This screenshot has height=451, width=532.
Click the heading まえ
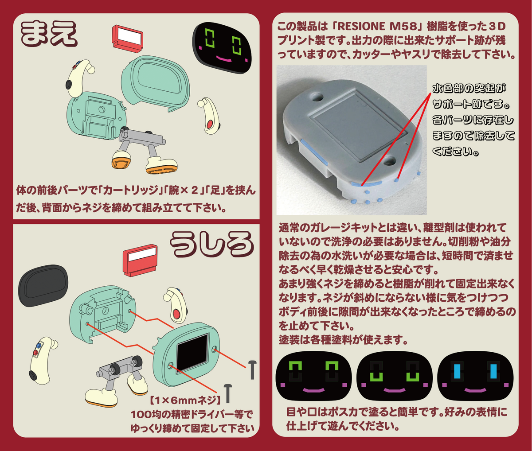(x=49, y=33)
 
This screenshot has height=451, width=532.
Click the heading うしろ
(x=212, y=245)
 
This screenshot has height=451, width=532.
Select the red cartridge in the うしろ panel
(x=140, y=260)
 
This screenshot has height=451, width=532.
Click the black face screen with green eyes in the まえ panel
(x=222, y=48)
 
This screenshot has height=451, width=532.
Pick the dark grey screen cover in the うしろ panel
(x=43, y=286)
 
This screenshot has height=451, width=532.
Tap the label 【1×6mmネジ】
(x=185, y=400)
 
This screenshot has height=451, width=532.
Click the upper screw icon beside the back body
(x=252, y=370)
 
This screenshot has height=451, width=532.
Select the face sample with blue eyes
(x=475, y=379)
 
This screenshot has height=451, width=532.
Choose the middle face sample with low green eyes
(x=394, y=379)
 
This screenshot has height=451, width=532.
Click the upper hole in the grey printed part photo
(x=318, y=97)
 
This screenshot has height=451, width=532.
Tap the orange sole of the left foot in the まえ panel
(x=121, y=163)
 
